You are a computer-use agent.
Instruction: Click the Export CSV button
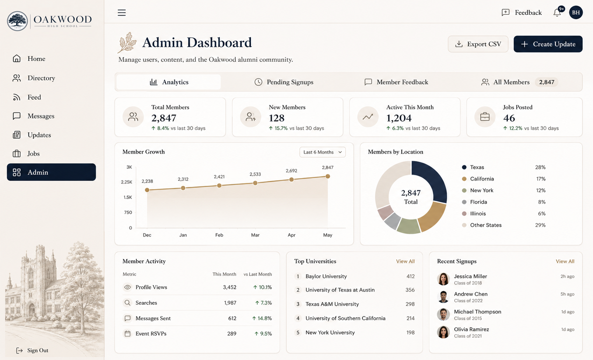(478, 44)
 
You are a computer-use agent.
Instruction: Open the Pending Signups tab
(284, 82)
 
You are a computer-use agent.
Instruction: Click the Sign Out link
(32, 350)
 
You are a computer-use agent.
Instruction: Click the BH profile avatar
(576, 13)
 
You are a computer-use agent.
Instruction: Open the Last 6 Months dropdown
(322, 152)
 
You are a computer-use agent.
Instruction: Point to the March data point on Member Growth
(255, 183)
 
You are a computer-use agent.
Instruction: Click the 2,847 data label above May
(327, 167)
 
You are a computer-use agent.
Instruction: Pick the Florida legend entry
(478, 202)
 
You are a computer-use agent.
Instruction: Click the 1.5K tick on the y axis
(127, 198)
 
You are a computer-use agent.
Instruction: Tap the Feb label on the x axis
(219, 235)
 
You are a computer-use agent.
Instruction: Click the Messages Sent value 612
(232, 318)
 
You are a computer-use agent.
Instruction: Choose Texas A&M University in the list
(332, 304)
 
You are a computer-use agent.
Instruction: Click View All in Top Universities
(405, 261)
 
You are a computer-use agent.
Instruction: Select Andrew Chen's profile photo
(443, 297)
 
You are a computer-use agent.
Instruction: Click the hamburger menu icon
(122, 13)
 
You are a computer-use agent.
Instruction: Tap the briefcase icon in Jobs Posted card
(485, 117)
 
